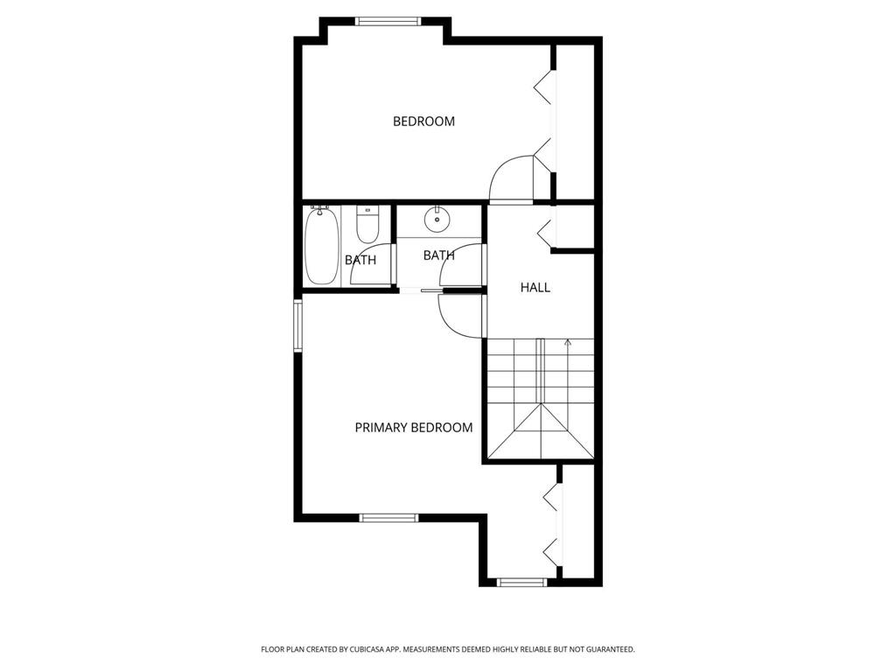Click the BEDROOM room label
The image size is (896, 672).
[423, 122]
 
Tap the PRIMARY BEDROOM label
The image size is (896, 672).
[414, 428]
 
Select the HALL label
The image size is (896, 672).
[535, 287]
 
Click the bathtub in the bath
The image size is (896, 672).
[321, 246]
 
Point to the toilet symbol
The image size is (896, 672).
[367, 226]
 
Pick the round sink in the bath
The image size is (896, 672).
[436, 217]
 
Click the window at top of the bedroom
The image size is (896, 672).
[388, 21]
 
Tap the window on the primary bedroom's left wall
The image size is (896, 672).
[297, 325]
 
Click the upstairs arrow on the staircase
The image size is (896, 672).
[568, 343]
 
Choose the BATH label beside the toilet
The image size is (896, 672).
[360, 260]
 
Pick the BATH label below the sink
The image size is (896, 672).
[438, 255]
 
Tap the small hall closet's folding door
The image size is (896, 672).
[546, 232]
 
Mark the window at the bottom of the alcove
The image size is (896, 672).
[522, 581]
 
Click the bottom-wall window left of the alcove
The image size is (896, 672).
[389, 518]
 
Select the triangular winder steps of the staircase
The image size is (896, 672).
[542, 432]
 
